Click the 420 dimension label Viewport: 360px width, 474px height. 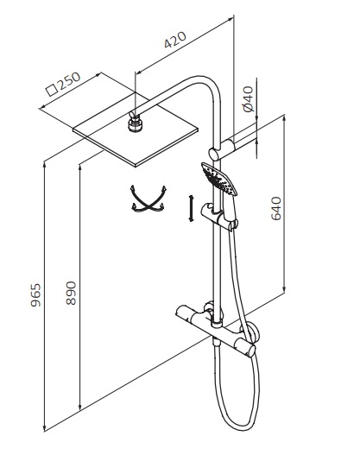[x=175, y=40]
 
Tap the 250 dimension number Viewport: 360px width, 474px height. [x=69, y=80]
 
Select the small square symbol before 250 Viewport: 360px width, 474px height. [x=52, y=90]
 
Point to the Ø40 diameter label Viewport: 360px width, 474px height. [x=249, y=98]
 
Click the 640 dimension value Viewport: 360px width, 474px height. [x=276, y=208]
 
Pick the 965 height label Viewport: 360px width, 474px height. [x=35, y=295]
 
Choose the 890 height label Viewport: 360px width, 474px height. [x=72, y=294]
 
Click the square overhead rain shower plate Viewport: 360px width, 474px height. [x=136, y=130]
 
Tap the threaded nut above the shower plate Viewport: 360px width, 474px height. [x=135, y=124]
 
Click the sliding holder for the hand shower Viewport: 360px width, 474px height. [x=218, y=215]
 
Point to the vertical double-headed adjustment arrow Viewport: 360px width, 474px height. [x=191, y=208]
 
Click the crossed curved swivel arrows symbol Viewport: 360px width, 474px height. [x=148, y=199]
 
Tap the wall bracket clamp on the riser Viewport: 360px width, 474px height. [x=222, y=149]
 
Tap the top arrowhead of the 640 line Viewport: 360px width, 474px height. [x=284, y=119]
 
